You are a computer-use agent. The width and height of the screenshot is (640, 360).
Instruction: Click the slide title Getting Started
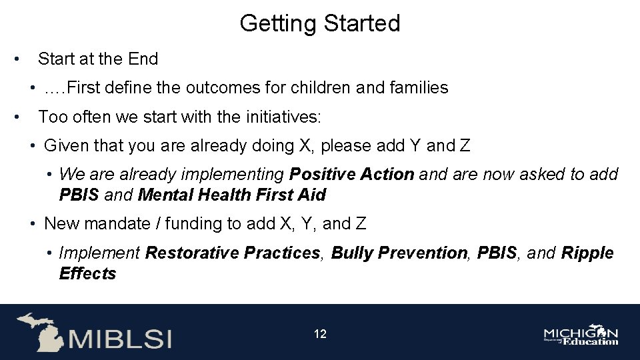point(320,23)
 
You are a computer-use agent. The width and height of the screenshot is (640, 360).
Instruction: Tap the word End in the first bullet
point(143,59)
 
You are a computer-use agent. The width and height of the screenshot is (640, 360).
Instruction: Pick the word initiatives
point(283,117)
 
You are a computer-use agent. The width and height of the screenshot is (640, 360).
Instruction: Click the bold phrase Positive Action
point(351,175)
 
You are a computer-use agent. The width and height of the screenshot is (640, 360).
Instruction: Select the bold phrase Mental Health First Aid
point(232,195)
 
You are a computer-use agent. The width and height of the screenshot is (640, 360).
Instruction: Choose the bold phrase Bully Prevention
point(399,253)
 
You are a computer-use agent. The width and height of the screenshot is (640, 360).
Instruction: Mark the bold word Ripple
point(587,253)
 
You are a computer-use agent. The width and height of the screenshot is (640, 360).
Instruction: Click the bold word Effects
point(87,274)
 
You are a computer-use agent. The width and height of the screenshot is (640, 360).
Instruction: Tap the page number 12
point(320,334)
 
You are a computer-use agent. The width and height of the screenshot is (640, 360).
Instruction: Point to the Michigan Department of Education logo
point(581,336)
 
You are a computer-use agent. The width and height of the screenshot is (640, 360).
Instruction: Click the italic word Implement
point(99,253)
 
